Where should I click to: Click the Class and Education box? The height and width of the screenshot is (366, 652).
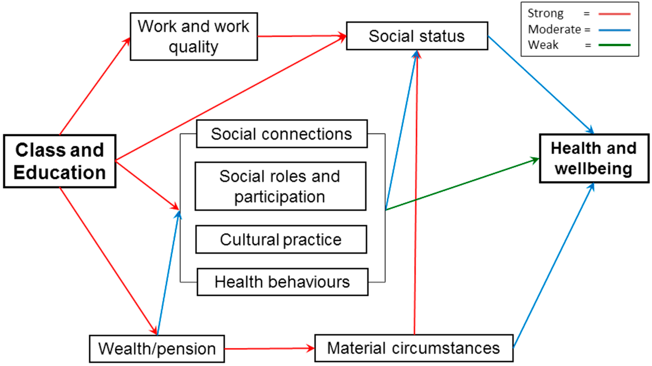[60, 161]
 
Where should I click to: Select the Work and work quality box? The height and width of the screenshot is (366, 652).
[194, 37]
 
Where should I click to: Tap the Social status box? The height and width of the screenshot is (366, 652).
[417, 36]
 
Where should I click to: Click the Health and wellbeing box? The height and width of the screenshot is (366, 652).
[594, 158]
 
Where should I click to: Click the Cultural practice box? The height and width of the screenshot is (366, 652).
[281, 239]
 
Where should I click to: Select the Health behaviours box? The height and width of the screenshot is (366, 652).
[282, 282]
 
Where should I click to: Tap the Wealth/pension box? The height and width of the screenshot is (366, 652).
[157, 349]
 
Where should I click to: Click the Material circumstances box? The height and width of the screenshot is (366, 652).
[414, 348]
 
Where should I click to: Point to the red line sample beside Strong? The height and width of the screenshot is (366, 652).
[614, 14]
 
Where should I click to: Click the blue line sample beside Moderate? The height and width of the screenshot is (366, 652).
[614, 30]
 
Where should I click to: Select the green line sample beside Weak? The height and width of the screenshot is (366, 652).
[614, 45]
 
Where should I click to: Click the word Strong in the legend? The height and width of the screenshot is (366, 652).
[545, 13]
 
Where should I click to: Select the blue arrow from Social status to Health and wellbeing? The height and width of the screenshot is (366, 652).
[540, 85]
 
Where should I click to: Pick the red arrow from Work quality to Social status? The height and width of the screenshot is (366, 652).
[301, 36]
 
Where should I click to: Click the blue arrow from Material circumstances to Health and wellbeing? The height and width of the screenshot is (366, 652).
[553, 266]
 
